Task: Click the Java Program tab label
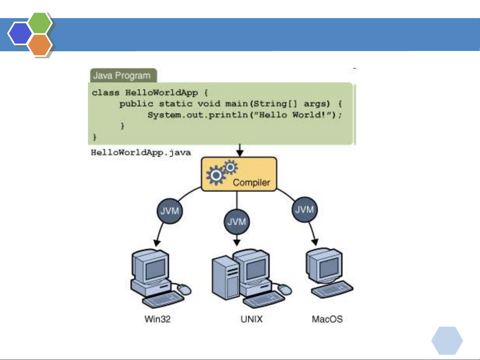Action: [x=122, y=76]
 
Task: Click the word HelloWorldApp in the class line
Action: [x=162, y=93]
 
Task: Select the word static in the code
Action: [x=176, y=104]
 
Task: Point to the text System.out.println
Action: [x=198, y=115]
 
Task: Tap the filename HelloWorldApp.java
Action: [x=141, y=153]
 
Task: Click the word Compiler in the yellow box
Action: [x=251, y=182]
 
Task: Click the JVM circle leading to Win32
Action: [x=170, y=211]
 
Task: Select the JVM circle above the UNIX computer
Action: [x=237, y=221]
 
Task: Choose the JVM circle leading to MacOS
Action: [x=304, y=209]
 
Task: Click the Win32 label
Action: [x=158, y=319]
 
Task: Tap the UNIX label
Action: [x=251, y=319]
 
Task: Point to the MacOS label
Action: [x=327, y=319]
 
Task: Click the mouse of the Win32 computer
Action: [x=184, y=289]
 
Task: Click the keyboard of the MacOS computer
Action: [x=332, y=290]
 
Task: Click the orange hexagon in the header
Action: [x=40, y=45]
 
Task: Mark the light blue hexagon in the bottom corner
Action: [x=447, y=340]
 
